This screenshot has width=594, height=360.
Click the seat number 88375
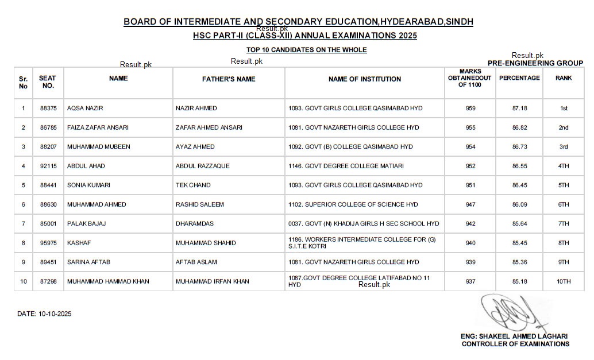(48, 109)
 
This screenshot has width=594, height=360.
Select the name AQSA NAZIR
(85, 109)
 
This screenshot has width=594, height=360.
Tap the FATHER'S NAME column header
(229, 79)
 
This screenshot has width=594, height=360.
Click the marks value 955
(470, 127)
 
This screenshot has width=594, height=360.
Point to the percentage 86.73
(520, 147)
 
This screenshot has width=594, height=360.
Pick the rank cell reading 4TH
(564, 166)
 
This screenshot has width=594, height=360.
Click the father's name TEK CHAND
(193, 185)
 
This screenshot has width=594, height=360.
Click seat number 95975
(48, 243)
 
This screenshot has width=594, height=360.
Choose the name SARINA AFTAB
(88, 262)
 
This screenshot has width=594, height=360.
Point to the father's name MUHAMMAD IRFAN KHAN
(213, 281)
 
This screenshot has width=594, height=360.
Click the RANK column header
(564, 78)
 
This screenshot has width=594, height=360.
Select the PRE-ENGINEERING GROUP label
(535, 63)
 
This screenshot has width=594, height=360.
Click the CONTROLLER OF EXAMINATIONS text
(515, 344)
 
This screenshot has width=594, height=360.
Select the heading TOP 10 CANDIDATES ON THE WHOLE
(306, 50)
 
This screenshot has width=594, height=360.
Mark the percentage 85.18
(520, 281)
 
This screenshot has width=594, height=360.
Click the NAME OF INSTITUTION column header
(365, 79)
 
